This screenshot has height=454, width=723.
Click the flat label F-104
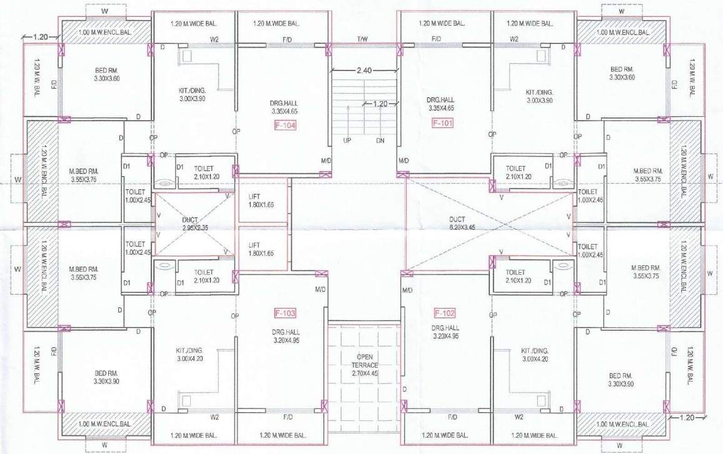285,125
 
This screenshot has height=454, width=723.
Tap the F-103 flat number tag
285,312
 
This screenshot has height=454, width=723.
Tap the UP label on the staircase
346,141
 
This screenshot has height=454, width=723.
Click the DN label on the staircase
380,141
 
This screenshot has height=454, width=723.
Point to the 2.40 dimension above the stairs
365,71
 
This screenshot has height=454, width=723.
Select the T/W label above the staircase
363,39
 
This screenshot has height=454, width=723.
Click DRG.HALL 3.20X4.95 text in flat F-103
288,332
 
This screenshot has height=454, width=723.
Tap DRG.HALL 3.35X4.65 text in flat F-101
440,104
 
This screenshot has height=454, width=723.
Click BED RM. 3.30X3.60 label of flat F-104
96,73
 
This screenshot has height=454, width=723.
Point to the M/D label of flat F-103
320,290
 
